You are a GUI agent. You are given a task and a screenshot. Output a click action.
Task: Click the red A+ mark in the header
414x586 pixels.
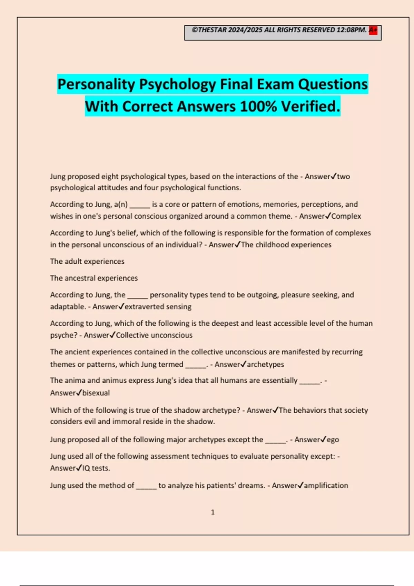pyautogui.click(x=373, y=30)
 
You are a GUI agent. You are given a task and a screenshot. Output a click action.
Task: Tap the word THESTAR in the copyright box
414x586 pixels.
pyautogui.click(x=213, y=30)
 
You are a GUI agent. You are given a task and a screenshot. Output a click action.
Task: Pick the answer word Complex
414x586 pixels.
pyautogui.click(x=346, y=216)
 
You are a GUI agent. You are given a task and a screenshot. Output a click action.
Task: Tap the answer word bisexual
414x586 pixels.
pyautogui.click(x=96, y=393)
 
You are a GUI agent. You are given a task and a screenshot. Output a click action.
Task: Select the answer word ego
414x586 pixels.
pyautogui.click(x=333, y=440)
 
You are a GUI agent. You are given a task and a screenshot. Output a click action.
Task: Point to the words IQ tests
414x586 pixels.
pyautogui.click(x=96, y=468)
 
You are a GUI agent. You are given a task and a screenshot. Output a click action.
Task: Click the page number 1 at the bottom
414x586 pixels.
pyautogui.click(x=213, y=512)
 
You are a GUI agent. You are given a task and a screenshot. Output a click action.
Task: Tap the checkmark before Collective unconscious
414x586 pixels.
pyautogui.click(x=112, y=335)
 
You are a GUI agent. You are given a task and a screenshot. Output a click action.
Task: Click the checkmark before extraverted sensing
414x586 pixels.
pyautogui.click(x=121, y=306)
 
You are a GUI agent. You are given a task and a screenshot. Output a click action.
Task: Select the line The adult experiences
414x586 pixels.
pyautogui.click(x=87, y=261)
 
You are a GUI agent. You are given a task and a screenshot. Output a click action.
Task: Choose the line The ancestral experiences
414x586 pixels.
pyautogui.click(x=94, y=278)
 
